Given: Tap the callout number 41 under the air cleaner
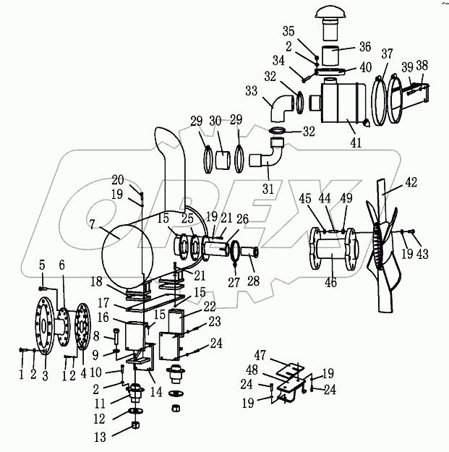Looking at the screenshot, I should tap(355, 143).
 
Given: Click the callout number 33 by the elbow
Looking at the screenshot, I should tap(251, 91).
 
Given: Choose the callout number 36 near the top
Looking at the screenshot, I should tap(365, 48).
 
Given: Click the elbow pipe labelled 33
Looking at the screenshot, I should tap(278, 106).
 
